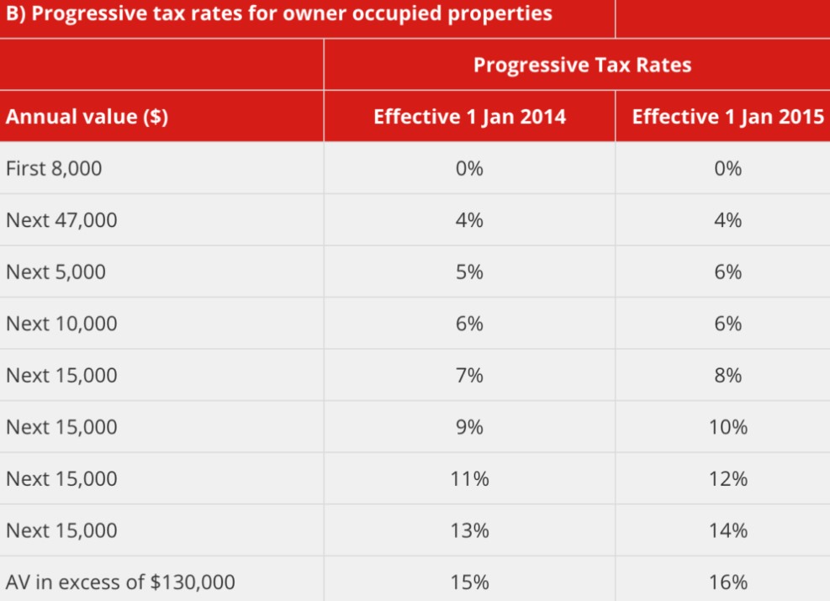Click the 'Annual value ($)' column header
pos(87,117)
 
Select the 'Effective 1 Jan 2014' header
pos(469,117)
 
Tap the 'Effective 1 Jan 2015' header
pos(727,117)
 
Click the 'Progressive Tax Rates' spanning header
pos(582,65)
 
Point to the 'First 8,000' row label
pos(54,168)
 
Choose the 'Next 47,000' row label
pos(61,220)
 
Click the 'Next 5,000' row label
pos(56,272)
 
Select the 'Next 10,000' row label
pos(61,324)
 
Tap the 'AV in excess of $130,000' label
pos(120,582)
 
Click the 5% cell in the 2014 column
pos(469,272)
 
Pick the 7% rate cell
pos(469,375)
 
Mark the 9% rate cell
pos(469,427)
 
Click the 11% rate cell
pos(469,479)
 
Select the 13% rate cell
pos(469,530)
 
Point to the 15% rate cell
pos(469,582)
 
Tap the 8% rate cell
pos(727,375)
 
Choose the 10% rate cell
pos(727,427)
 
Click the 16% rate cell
pos(727,582)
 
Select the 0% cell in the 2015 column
pos(727,168)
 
